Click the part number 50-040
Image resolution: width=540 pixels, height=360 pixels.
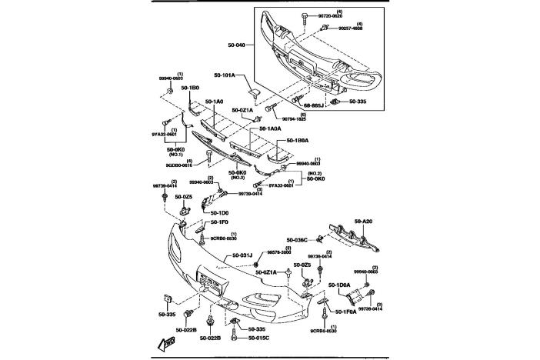pyautogui.click(x=236, y=45)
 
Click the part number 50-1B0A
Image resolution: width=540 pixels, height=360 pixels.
pyautogui.click(x=297, y=142)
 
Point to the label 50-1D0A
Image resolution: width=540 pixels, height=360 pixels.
pyautogui.click(x=339, y=285)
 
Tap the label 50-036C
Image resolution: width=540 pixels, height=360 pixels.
pyautogui.click(x=297, y=240)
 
